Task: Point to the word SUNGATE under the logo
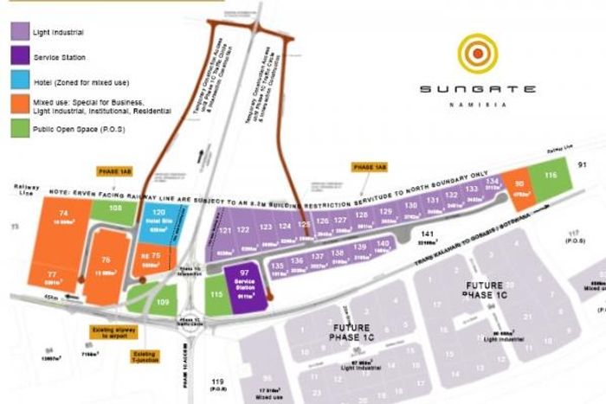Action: point(477,87)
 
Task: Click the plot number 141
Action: point(426,234)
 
